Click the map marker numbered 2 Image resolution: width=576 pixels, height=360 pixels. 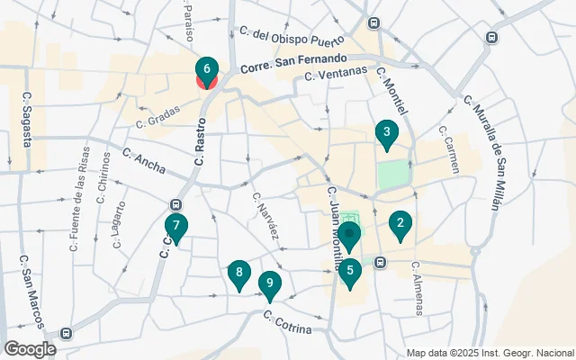click(x=400, y=224)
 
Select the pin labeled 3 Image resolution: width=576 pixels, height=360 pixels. click(x=386, y=135)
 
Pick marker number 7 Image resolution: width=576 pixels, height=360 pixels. click(x=176, y=228)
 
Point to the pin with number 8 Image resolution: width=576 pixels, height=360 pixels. click(x=238, y=273)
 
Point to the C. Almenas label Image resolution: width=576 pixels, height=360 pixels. click(x=416, y=288)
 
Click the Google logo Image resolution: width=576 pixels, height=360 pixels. click(x=30, y=348)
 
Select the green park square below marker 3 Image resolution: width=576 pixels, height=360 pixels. click(x=392, y=175)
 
